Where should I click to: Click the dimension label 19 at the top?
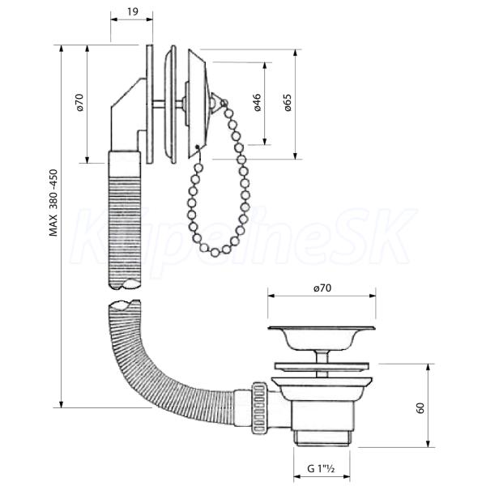pos(133,12)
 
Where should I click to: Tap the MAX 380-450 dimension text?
pos(53,202)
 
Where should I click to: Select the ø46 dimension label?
pos(258,102)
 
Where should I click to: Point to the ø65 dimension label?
pos(288,103)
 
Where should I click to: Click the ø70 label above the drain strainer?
pos(322,288)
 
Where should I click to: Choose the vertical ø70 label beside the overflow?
pos(79,102)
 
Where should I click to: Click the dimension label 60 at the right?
pos(420,408)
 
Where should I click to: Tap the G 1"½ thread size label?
pos(321,468)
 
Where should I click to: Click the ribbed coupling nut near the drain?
pos(259,407)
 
